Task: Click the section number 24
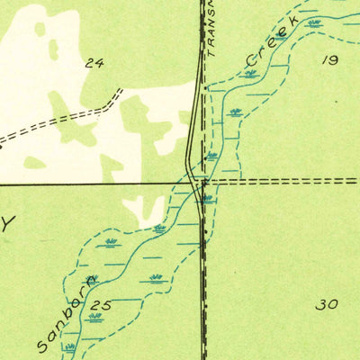coord(94,63)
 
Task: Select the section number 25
coord(101,306)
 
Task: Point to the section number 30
coord(327,304)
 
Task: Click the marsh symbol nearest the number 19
coord(314,22)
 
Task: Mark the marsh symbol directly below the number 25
coord(95,317)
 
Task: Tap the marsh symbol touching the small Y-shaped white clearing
coord(159,229)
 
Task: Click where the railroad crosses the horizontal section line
coord(203,183)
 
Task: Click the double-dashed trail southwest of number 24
coord(54,121)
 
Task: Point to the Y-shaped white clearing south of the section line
coord(143,210)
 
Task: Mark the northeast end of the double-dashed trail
coord(119,93)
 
